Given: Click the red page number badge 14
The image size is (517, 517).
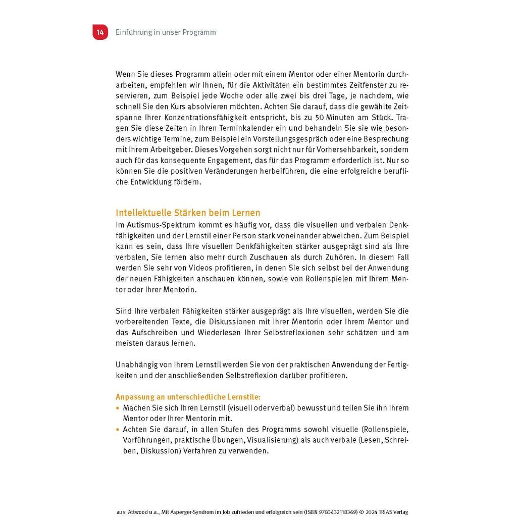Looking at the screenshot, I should (x=100, y=32).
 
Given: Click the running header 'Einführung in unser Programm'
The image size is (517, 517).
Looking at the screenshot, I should (x=166, y=32).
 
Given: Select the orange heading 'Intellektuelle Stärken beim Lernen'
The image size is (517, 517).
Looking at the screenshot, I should (x=188, y=213).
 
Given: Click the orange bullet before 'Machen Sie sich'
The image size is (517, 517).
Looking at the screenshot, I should (x=118, y=407).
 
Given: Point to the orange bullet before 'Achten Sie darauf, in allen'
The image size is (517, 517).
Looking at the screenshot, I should (x=118, y=429).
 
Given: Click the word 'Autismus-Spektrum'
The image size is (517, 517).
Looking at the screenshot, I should (x=158, y=224).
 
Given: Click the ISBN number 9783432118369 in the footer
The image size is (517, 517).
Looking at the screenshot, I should (x=328, y=511).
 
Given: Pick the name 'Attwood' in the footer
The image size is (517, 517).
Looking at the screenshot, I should (x=140, y=511).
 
